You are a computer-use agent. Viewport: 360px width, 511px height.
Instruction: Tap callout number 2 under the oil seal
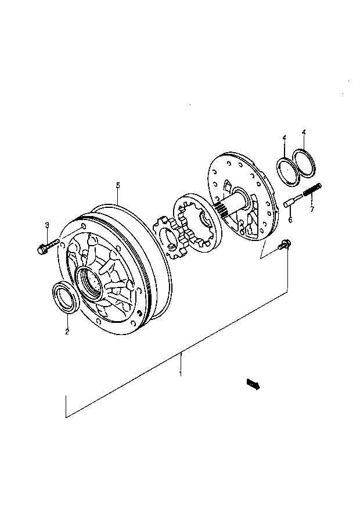[x=67, y=332]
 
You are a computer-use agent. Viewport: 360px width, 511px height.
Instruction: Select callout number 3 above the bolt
[x=47, y=225]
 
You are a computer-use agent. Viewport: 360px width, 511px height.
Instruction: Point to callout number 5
[x=118, y=185]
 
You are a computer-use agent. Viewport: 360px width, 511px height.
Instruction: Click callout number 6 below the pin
[x=290, y=220]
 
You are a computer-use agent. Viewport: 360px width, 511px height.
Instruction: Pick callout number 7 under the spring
[x=312, y=209]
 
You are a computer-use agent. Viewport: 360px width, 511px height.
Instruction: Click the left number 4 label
[x=284, y=138]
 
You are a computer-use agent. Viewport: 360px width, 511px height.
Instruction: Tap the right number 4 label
[x=304, y=132]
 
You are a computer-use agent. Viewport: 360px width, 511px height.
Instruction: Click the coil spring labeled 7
[x=312, y=189]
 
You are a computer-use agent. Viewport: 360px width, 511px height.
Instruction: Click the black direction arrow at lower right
[x=254, y=384]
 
